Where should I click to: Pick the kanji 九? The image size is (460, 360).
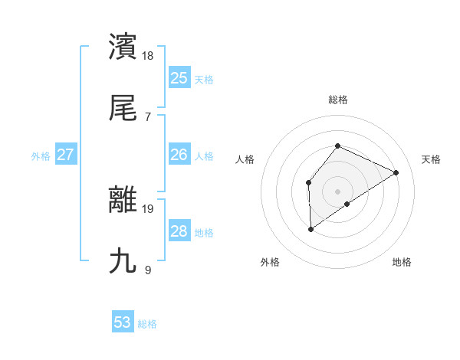[x=123, y=260]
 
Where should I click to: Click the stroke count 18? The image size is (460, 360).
[x=149, y=55]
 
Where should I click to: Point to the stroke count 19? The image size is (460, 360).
[x=149, y=208]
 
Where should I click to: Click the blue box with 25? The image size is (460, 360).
[x=179, y=77]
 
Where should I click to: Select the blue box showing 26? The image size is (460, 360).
[x=179, y=155]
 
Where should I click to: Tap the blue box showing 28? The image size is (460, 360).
[x=179, y=231]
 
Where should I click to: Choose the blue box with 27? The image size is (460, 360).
[x=65, y=155]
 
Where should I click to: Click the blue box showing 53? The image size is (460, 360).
[x=123, y=322]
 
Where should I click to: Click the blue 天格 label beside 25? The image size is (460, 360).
[x=204, y=79]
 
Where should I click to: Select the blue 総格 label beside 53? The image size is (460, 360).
[x=147, y=324]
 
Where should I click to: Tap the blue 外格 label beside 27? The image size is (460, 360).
[x=41, y=155]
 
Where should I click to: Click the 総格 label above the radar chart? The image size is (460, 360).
[x=337, y=100]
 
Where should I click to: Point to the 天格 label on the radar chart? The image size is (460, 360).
[x=431, y=159]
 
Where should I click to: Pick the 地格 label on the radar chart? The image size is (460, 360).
[x=402, y=262]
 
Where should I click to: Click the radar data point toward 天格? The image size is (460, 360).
[x=396, y=172]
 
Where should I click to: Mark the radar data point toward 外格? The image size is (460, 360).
[x=310, y=228]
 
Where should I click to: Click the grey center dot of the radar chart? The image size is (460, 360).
[x=337, y=191]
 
